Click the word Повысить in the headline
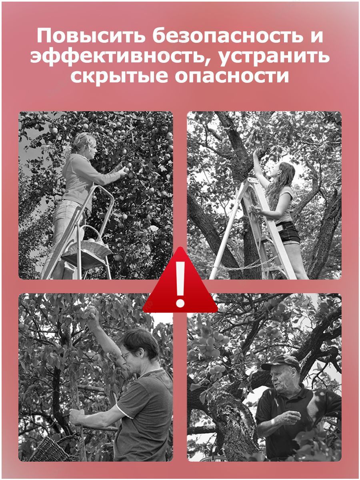[91, 36]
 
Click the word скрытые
[120, 77]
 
